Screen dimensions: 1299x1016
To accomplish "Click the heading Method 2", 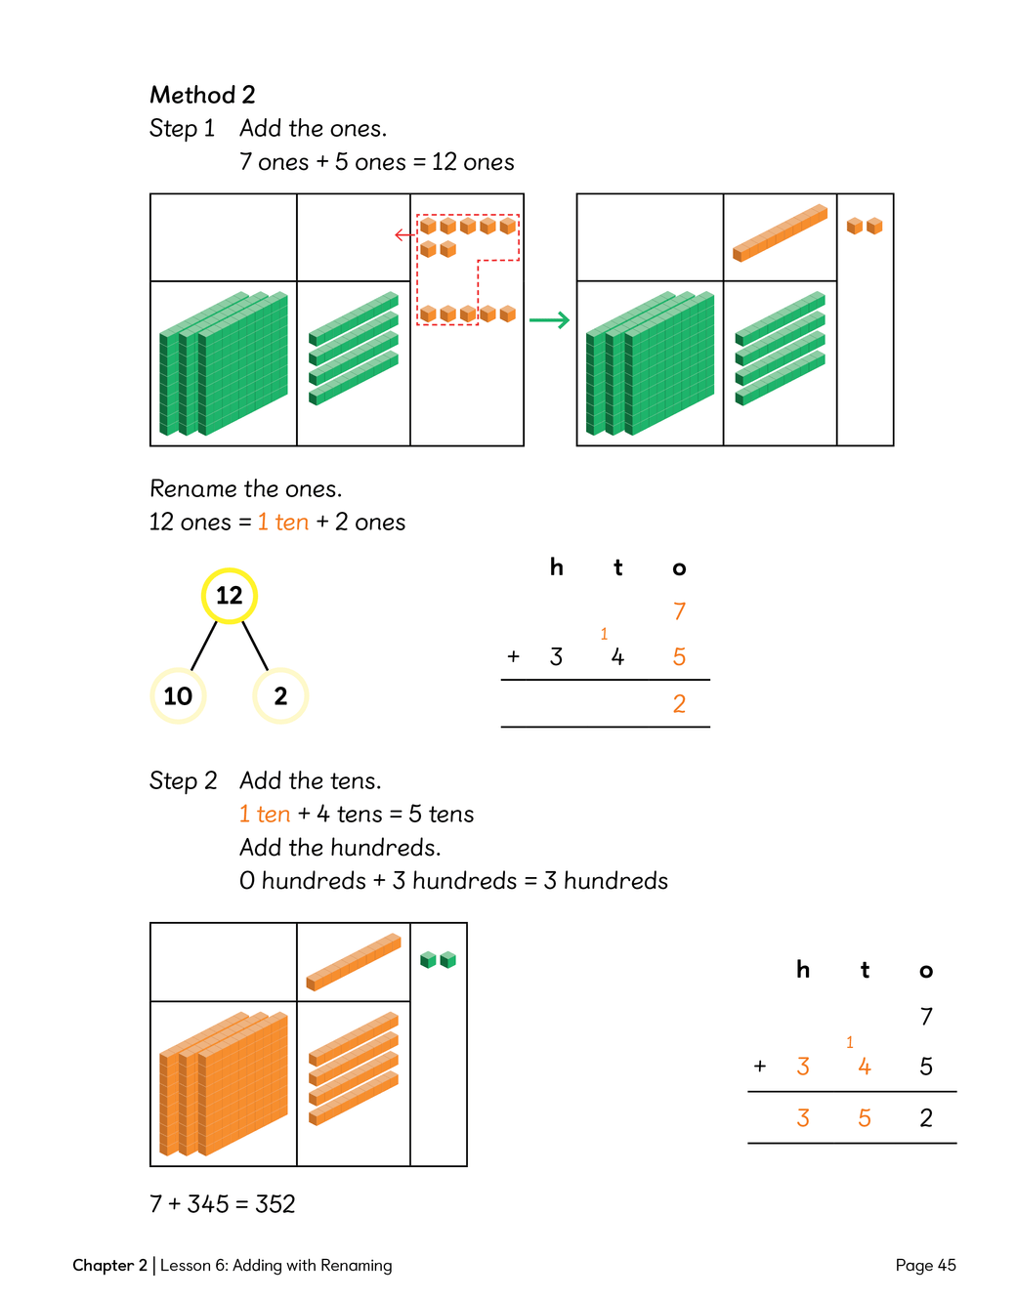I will point(202,95).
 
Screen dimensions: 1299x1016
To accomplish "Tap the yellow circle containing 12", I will point(230,595).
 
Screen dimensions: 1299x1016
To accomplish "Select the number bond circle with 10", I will point(178,695).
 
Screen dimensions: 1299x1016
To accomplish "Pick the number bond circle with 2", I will point(280,695).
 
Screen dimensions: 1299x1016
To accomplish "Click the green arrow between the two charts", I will point(549,320).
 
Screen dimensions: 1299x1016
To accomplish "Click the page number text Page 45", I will point(925,1265).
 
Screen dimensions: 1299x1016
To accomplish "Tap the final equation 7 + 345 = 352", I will point(223,1203).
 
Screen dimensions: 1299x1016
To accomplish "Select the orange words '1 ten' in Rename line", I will point(283,523).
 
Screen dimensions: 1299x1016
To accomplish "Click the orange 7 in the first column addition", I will point(679,611).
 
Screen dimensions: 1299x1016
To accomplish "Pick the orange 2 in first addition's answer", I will point(679,703).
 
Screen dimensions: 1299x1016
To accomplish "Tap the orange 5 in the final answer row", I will point(865,1118).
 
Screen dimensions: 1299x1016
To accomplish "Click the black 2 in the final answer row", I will point(926,1118).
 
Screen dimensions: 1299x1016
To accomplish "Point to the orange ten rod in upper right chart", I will point(780,232).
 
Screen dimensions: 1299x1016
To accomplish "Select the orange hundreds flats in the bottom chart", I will point(224,1084).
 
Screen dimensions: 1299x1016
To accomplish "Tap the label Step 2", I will point(183,780).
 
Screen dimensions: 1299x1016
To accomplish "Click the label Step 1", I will point(182,128).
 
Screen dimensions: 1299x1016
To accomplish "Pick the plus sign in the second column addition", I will point(760,1067).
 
